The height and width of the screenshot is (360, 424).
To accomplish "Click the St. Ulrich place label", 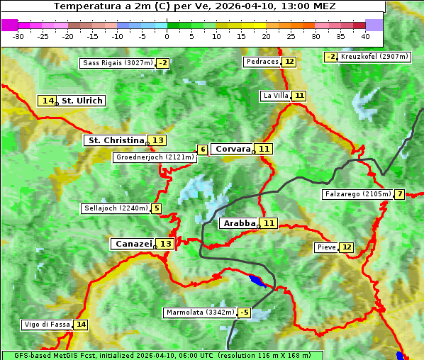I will tap(82, 101).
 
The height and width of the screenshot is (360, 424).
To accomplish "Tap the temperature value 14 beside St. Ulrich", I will tap(48, 101).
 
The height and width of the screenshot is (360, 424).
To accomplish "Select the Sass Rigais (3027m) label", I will tap(117, 63).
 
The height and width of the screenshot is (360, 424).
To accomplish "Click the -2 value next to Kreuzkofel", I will tap(331, 57).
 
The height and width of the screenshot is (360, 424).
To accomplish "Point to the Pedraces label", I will tap(262, 62).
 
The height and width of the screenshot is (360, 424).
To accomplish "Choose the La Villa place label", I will tap(275, 95).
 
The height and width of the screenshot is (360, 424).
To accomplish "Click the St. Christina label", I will tap(115, 140).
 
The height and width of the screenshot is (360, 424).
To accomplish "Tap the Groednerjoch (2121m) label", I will tap(155, 157).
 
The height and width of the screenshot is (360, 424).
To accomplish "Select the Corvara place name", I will tap(233, 149).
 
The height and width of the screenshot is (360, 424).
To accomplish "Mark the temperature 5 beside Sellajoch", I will tap(156, 208).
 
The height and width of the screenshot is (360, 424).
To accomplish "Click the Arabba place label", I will tap(239, 223).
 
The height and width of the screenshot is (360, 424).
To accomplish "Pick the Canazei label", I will tap(133, 244).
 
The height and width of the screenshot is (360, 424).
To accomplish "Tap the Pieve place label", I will tap(326, 247).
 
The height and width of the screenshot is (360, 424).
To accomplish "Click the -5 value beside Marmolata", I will tap(245, 313).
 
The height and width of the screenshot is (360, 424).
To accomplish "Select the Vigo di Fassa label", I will tap(48, 325).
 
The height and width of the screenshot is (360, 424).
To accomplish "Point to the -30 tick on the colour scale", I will tap(18, 35).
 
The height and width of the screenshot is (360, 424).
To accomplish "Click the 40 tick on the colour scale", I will tap(365, 35).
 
